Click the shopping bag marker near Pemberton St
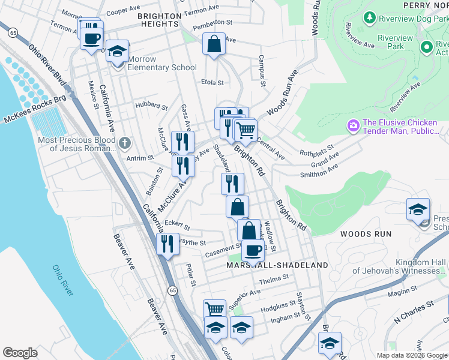(214, 44)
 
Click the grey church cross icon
(124, 143)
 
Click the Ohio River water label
(62, 280)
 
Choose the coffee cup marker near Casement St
(253, 249)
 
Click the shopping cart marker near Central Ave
(245, 129)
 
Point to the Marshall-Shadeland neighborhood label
(277, 265)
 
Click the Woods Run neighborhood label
(366, 233)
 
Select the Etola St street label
(212, 83)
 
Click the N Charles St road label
(414, 314)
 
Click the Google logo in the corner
(20, 352)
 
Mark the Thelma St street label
(274, 279)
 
